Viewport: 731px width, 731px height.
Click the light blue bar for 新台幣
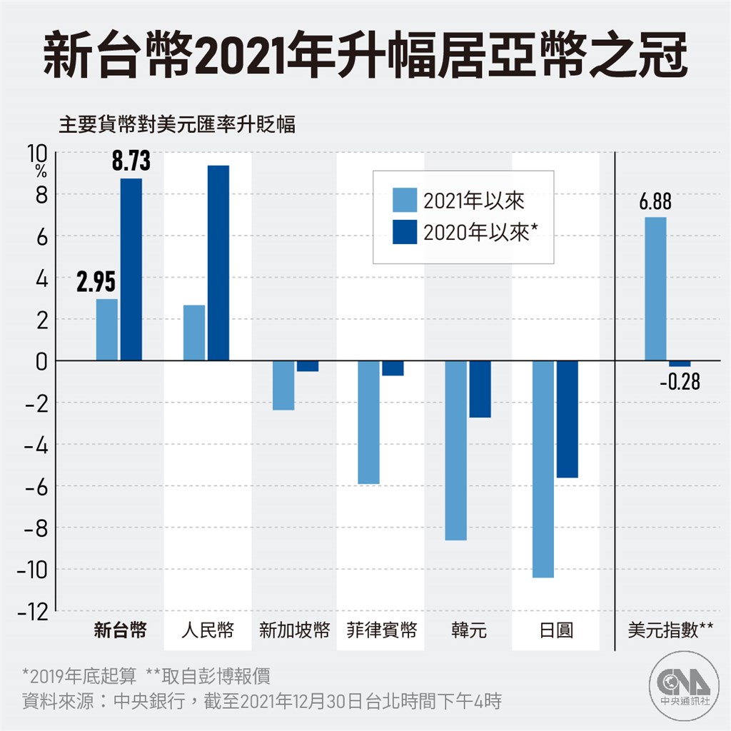[x=106, y=330]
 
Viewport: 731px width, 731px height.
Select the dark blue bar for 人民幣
[x=218, y=263]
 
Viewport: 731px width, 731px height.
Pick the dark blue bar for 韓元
[x=480, y=389]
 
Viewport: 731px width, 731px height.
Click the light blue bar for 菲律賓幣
[x=368, y=422]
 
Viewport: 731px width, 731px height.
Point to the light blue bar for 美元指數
[x=655, y=289]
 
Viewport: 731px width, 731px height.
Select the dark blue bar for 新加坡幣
[x=308, y=366]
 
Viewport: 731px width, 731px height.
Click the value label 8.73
[x=131, y=161]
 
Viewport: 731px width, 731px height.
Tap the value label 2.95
[x=96, y=283]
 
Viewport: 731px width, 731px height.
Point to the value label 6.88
[x=655, y=202]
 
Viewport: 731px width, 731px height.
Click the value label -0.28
[x=680, y=383]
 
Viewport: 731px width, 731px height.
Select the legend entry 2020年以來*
[x=464, y=233]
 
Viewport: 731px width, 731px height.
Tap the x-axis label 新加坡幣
[x=293, y=631]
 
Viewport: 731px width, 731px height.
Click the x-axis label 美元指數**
[x=670, y=631]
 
